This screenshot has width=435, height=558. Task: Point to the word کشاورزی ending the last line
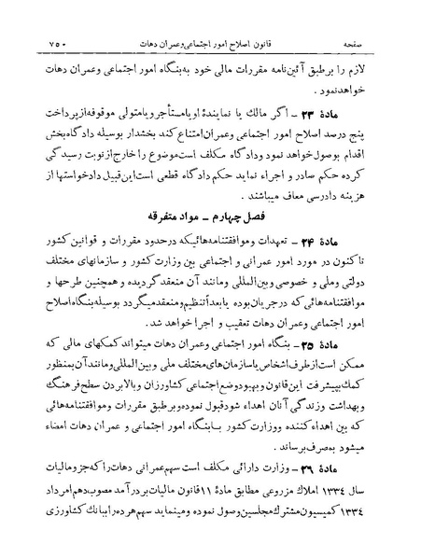(50, 536)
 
